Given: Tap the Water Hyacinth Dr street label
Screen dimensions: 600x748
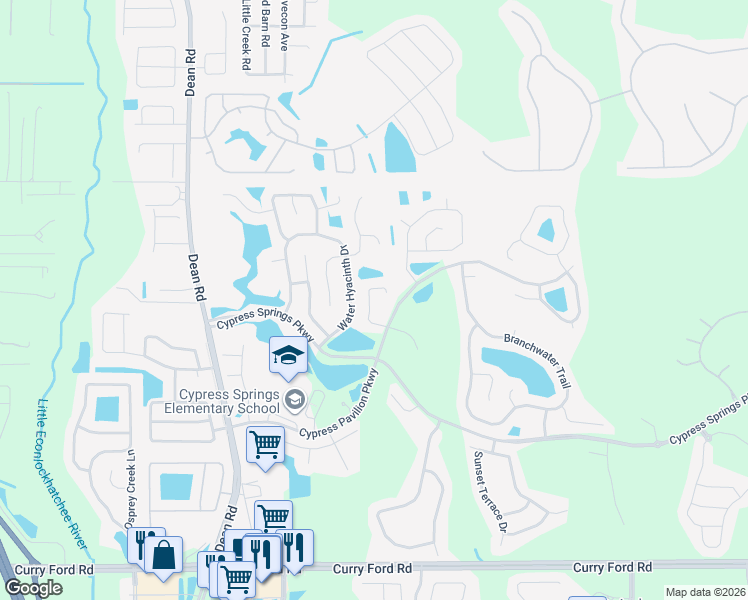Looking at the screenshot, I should pyautogui.click(x=346, y=288).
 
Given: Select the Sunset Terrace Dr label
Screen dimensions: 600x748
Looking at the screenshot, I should pyautogui.click(x=490, y=490).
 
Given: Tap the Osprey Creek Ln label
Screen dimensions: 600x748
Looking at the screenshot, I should pyautogui.click(x=130, y=489).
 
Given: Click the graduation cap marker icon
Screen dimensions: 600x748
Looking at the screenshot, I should pyautogui.click(x=288, y=356).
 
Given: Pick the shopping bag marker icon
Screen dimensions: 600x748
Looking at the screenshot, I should pyautogui.click(x=164, y=554).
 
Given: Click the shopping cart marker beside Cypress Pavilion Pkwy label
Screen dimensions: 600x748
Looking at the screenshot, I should pyautogui.click(x=265, y=443).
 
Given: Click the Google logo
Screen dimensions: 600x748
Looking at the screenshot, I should pyautogui.click(x=33, y=587).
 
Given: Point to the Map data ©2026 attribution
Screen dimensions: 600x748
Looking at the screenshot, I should pyautogui.click(x=705, y=592).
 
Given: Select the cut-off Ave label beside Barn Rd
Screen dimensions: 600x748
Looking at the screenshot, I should pyautogui.click(x=284, y=26).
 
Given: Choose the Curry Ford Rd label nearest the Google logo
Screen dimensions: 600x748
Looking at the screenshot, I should pyautogui.click(x=59, y=568).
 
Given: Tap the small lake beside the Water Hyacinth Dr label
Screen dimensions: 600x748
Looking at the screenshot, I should pyautogui.click(x=370, y=273).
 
